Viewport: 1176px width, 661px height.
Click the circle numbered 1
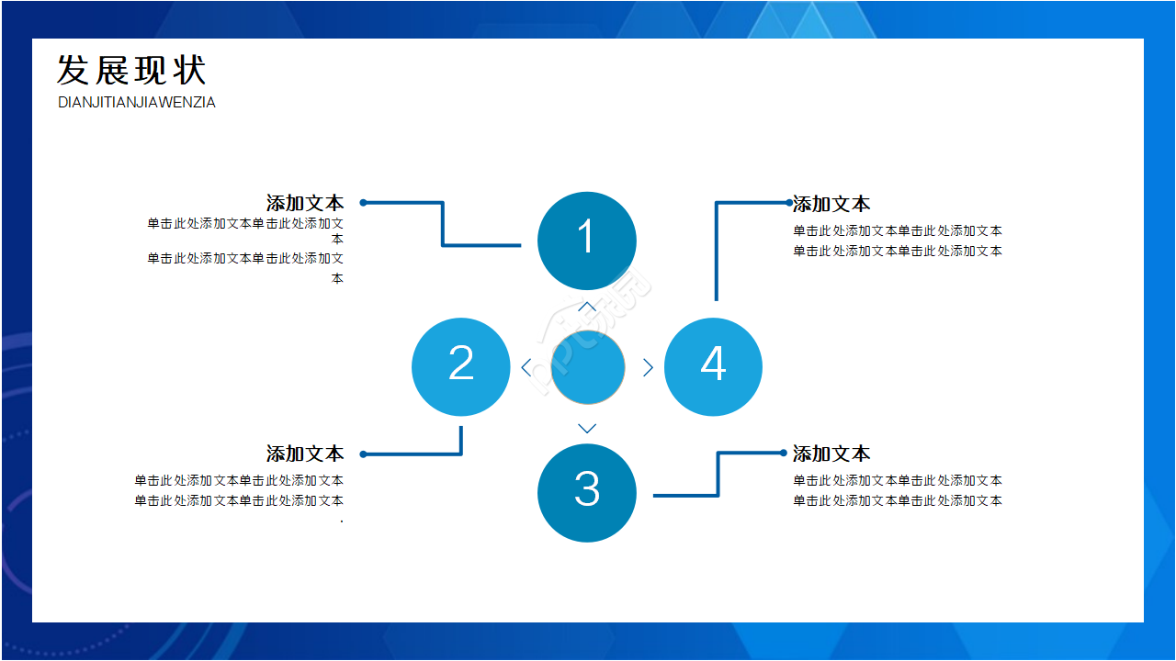coord(586,241)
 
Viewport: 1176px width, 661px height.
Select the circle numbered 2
coord(461,366)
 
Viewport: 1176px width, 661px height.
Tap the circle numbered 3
coord(586,492)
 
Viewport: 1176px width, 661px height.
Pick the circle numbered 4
coord(713,366)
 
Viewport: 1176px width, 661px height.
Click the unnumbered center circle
coord(588,367)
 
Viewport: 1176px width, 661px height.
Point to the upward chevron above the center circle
coord(587,306)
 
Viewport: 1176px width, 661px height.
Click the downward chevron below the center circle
coord(587,429)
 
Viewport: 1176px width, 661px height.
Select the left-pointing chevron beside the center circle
coord(526,367)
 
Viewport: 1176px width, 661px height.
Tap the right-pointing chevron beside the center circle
coord(648,367)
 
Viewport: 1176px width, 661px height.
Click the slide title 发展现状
coord(131,71)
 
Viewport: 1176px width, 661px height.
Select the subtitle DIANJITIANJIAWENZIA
coord(137,103)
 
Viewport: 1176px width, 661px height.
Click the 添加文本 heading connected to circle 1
coord(305,203)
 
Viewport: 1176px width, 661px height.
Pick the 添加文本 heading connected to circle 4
coord(831,204)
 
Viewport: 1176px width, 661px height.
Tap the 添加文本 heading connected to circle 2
coord(305,454)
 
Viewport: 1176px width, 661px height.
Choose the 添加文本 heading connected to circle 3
coord(831,454)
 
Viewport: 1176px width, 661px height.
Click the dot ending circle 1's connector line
coord(364,202)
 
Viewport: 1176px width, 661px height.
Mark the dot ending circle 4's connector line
coord(788,202)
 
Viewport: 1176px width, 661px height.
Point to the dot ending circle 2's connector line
coord(364,454)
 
